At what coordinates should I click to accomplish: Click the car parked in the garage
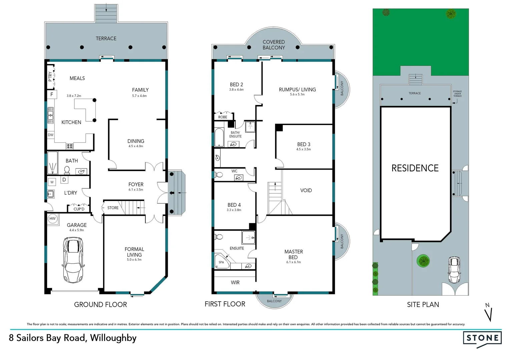[x=73, y=260]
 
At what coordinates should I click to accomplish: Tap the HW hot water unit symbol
[x=52, y=219]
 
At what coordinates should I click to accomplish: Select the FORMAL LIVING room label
[x=134, y=252]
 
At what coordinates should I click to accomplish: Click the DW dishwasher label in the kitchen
[x=51, y=135]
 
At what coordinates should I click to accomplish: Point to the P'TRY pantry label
[x=50, y=76]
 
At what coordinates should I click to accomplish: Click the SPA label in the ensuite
[x=221, y=262]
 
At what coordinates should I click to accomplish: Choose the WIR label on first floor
[x=235, y=282]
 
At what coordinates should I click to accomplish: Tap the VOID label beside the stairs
[x=306, y=190]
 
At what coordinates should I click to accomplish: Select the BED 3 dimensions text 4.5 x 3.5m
[x=304, y=149]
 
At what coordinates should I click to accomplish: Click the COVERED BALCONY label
[x=274, y=45]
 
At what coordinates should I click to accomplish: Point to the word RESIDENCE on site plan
[x=415, y=168]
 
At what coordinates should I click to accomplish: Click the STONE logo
[x=482, y=338]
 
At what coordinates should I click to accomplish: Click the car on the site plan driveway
[x=454, y=270]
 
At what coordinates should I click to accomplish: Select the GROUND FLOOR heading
[x=100, y=305]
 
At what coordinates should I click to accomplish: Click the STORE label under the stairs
[x=113, y=208]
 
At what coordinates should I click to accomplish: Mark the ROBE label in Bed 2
[x=222, y=117]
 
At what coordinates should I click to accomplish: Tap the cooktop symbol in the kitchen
[x=70, y=146]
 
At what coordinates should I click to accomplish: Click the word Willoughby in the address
[x=113, y=338]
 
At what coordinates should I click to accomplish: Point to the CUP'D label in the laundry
[x=79, y=209]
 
